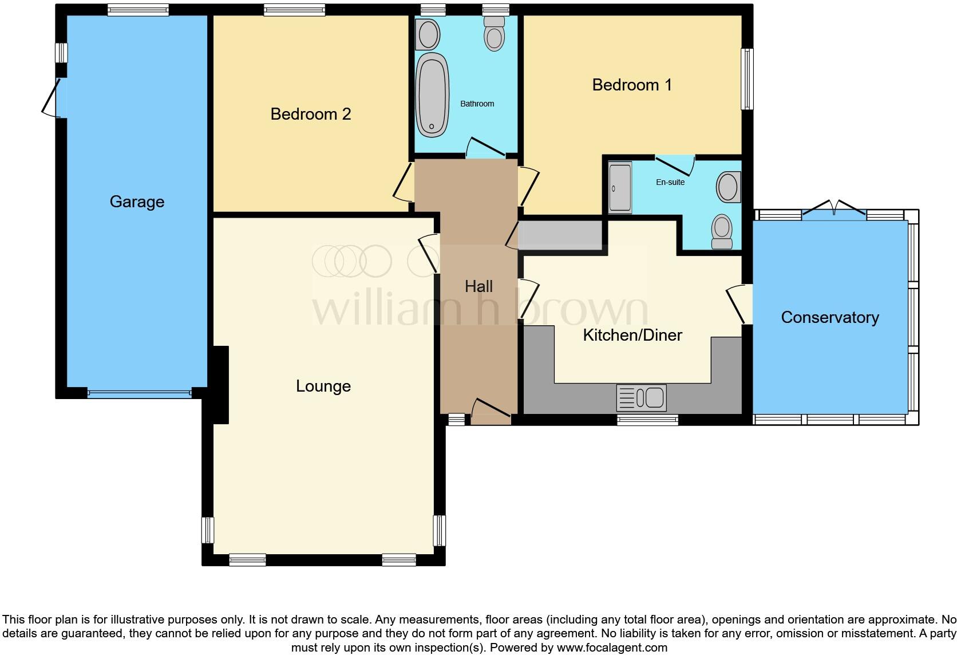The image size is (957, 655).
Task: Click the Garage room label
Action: [x=137, y=202]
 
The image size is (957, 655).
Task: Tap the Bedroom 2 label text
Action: [x=310, y=114]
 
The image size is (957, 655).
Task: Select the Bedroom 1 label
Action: [x=631, y=85]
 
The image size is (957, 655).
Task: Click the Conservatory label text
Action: [x=829, y=317]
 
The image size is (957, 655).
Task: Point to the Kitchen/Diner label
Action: [x=632, y=335]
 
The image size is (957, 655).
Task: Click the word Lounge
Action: [x=323, y=386]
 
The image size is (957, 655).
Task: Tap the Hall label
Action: [x=478, y=286]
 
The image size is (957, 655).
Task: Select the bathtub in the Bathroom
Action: [x=432, y=94]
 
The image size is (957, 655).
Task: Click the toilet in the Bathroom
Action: [x=494, y=33]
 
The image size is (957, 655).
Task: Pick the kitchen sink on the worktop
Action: [x=641, y=397]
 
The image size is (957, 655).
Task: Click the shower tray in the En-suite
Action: [x=620, y=188]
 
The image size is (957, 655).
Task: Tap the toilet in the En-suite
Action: [x=722, y=231]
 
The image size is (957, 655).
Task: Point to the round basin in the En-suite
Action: [x=728, y=187]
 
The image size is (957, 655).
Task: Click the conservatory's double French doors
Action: [x=834, y=210]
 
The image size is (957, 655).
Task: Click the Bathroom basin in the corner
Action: [x=428, y=34]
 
